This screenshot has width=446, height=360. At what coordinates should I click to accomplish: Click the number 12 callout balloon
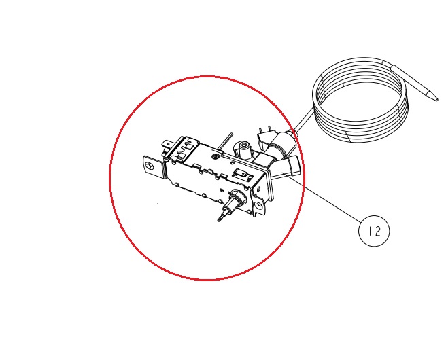click(374, 231)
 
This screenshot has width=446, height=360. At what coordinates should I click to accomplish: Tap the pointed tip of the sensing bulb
click(437, 99)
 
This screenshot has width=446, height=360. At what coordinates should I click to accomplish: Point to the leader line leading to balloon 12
click(322, 196)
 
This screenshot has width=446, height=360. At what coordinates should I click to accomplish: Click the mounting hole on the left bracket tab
click(150, 166)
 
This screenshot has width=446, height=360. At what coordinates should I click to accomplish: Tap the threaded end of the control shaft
click(221, 217)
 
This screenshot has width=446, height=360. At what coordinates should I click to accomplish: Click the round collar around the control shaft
click(237, 197)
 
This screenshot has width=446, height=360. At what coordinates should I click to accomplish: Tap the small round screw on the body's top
click(216, 156)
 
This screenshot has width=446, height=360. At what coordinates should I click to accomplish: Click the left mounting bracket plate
click(154, 167)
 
